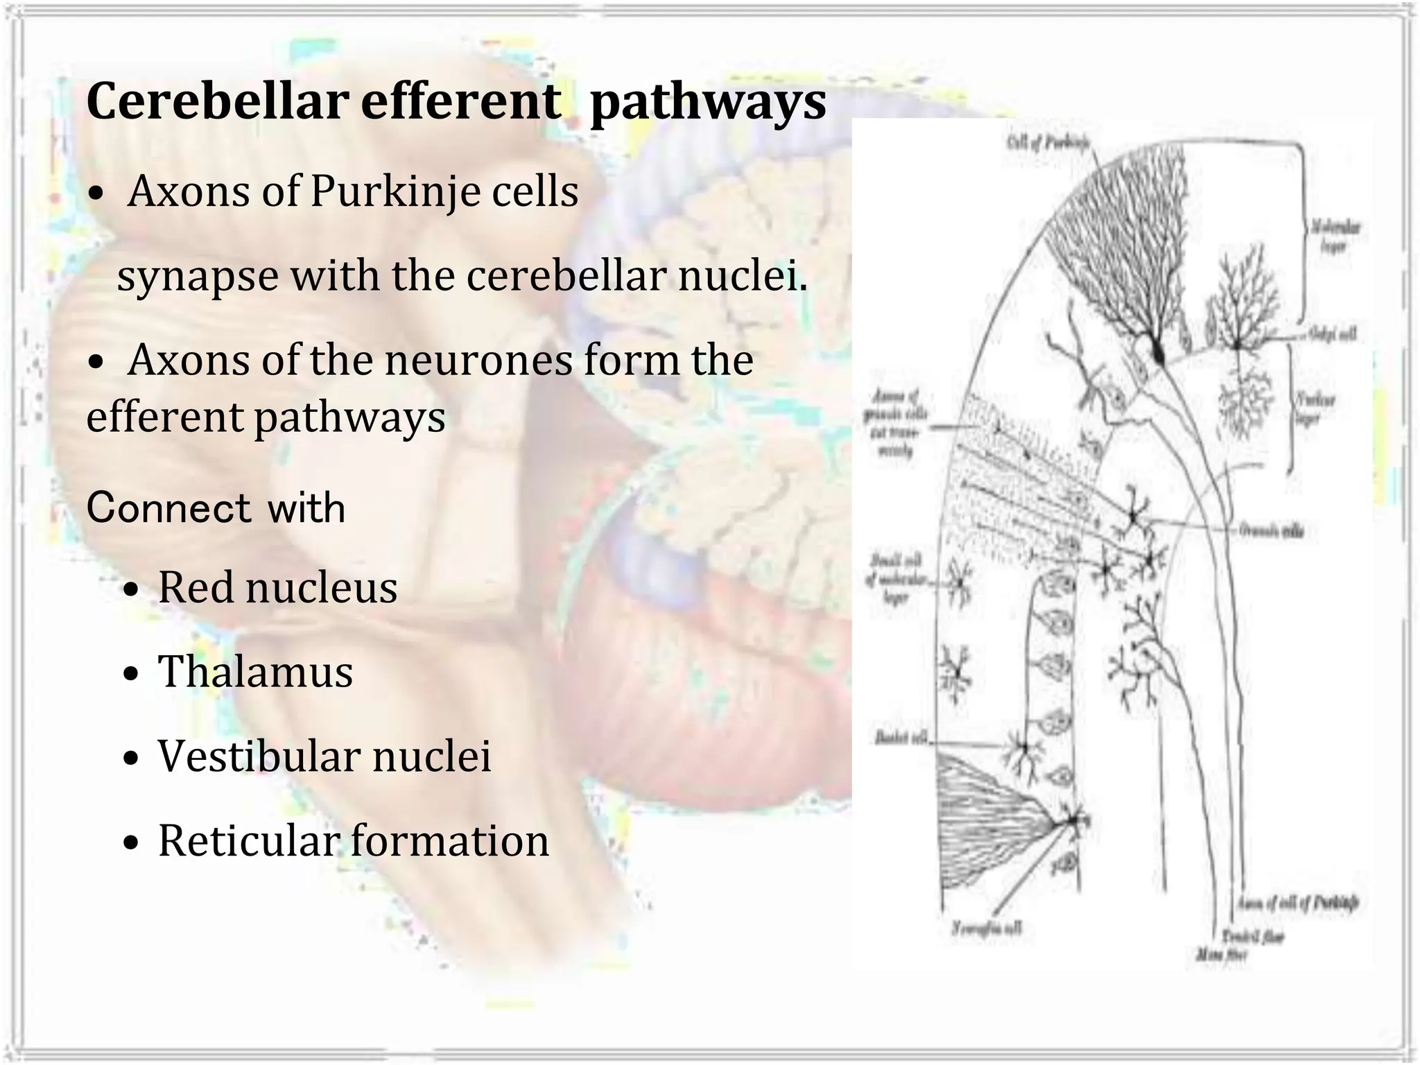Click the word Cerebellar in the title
coord(216,102)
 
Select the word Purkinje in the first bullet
coord(395,191)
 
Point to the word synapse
coord(198,277)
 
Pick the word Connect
coord(168,508)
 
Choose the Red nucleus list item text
coord(277,588)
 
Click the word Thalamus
coord(255,672)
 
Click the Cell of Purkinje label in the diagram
coord(1047,143)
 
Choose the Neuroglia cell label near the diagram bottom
coord(986,928)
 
